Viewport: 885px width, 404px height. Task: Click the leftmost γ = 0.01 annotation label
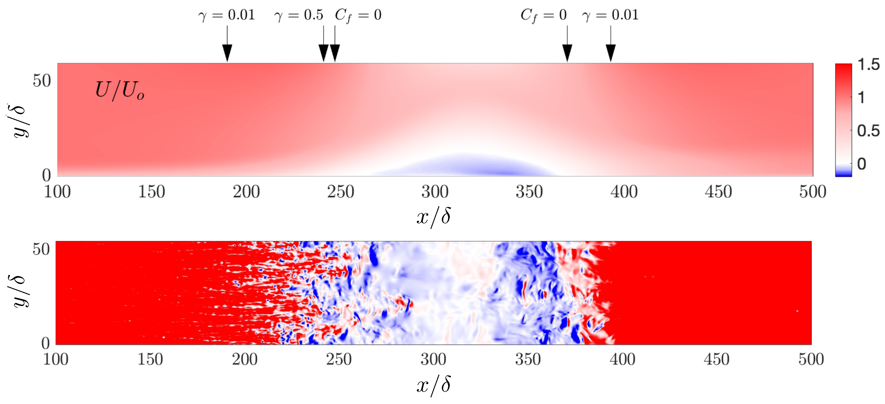227,15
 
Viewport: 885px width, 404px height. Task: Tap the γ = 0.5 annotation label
299,15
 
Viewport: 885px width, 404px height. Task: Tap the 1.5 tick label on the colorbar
868,65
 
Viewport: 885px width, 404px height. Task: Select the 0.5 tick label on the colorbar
868,131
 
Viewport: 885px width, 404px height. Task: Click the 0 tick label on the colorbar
861,164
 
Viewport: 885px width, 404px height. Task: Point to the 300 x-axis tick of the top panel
435,192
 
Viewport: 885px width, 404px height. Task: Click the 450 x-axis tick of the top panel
718,192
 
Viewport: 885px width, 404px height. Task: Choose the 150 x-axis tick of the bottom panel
150,359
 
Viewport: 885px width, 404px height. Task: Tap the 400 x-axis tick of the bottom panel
622,359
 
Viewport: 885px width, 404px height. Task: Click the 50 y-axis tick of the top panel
42,81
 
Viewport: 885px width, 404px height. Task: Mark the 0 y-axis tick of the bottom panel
46,343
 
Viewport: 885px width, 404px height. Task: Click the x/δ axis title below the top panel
434,217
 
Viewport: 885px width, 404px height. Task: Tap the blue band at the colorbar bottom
843,171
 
